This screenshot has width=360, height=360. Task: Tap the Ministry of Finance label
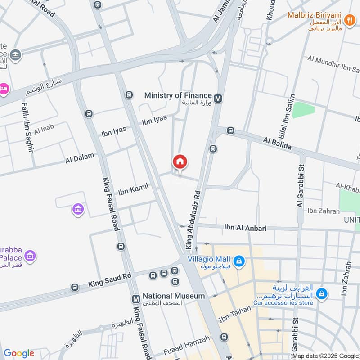(x=178, y=95)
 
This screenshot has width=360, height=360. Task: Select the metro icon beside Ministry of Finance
(x=218, y=98)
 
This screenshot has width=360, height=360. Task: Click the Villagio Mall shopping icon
(x=239, y=261)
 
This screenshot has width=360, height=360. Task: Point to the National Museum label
(x=174, y=296)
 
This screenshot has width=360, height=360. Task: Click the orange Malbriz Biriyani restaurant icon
(x=349, y=20)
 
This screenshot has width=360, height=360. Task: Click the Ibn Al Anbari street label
(x=245, y=228)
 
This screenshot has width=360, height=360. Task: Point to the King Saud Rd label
(x=110, y=279)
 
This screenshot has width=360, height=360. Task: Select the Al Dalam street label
(x=80, y=158)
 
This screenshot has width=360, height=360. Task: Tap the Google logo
(x=19, y=353)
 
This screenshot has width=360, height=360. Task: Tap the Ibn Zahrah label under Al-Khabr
(x=324, y=211)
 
